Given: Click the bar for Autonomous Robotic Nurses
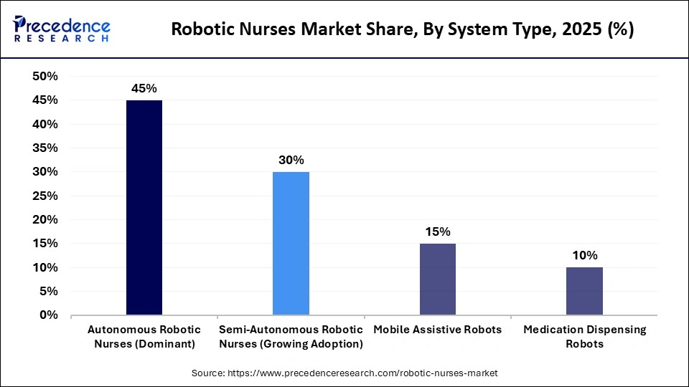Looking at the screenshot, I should coord(144,208).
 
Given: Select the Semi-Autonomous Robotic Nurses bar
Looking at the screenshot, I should coord(291,244).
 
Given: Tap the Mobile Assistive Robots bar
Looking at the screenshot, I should coord(437,279).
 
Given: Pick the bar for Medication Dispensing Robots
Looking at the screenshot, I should coord(584,291).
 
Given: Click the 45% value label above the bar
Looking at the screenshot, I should coord(144,89).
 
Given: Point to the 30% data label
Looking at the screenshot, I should coord(291,161).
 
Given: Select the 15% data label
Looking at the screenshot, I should coord(437,231).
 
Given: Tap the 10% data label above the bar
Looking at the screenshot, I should coord(584,256).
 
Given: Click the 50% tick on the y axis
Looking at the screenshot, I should coord(45,77).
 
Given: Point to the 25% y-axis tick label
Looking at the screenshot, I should coord(45,196).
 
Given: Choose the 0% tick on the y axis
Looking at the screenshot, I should coord(49,315).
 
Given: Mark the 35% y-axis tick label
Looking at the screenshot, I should coord(45,148).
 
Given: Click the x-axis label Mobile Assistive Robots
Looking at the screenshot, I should coord(437,330).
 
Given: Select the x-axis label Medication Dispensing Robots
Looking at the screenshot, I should coord(584,336).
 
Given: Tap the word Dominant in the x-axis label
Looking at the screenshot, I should coord(169,343).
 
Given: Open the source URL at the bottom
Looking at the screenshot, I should coord(344,373).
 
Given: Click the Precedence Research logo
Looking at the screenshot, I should coord(61,29).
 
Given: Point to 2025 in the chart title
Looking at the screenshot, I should coord(583,31).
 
